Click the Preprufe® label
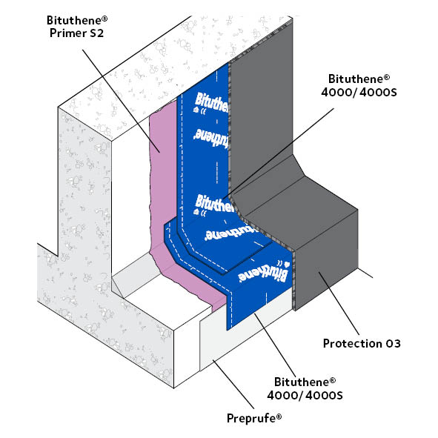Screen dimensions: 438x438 253,418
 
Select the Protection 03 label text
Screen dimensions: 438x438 362,343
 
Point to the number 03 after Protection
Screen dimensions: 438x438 391,343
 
